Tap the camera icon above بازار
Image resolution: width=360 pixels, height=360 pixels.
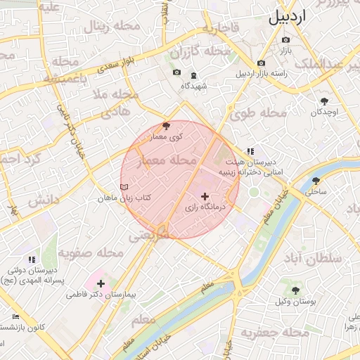(x=285, y=39)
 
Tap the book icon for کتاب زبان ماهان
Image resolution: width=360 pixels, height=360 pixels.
(x=124, y=188)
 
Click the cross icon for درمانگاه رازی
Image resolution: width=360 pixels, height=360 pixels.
(x=205, y=196)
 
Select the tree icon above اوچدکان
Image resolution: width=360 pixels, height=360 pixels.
(x=324, y=101)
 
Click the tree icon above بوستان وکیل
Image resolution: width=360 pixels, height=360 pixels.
(x=295, y=290)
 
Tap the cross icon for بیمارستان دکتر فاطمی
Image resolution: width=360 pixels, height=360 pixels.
(x=101, y=283)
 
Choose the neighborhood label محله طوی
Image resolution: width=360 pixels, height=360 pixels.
(x=260, y=112)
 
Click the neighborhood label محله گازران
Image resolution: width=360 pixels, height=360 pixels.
(x=200, y=52)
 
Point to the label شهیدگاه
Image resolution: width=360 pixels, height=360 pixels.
(x=192, y=85)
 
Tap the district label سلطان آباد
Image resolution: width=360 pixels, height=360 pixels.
(x=333, y=257)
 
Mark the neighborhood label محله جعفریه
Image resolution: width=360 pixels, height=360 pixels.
(x=271, y=330)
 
